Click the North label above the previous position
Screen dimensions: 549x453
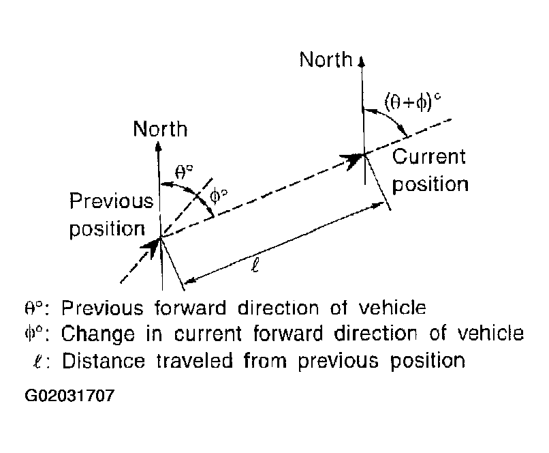click(160, 129)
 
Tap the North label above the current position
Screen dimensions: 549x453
click(326, 59)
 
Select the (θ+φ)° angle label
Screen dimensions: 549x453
click(413, 102)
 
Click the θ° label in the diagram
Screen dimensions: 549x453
click(183, 172)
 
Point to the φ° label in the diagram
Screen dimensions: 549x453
click(219, 196)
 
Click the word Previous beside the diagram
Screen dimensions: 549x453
click(111, 201)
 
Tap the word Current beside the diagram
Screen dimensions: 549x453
click(428, 156)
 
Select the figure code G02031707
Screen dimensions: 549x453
click(69, 396)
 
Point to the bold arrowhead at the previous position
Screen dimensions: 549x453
click(151, 246)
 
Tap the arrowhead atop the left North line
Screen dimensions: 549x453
click(159, 147)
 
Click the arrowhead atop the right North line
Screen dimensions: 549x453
click(362, 61)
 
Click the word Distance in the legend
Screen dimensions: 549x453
click(104, 360)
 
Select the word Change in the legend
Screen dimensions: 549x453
click(97, 334)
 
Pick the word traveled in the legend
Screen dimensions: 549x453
click(194, 360)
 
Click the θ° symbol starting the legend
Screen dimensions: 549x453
click(33, 308)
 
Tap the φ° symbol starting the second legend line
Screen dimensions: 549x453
click(33, 334)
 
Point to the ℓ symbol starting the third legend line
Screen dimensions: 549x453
click(38, 361)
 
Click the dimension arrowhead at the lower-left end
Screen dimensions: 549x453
click(190, 280)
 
